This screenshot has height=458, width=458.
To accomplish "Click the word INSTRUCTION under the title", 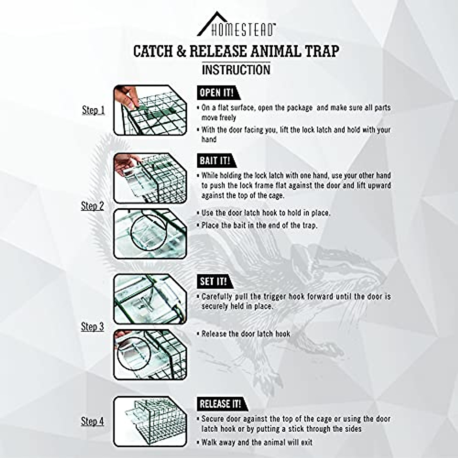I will (x=236, y=70).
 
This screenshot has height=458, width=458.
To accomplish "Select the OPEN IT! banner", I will (x=216, y=92).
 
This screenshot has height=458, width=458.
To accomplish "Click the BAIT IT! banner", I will (x=215, y=161).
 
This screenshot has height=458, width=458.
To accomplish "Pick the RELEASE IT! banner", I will (x=221, y=404).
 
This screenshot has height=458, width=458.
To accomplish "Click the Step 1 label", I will (x=93, y=110).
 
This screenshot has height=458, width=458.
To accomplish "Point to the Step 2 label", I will (x=92, y=206).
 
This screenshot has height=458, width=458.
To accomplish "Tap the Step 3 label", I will (x=92, y=327).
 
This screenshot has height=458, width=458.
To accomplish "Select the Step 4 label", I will (x=92, y=421).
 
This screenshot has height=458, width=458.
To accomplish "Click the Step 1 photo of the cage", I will (x=150, y=110).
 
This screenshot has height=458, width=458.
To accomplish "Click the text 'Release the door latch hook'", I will (x=245, y=334).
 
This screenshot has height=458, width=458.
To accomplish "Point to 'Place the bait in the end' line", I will (x=259, y=225).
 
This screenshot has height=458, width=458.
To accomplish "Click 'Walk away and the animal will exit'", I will (x=256, y=443).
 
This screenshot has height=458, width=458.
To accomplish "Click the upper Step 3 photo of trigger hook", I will (x=150, y=299).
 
